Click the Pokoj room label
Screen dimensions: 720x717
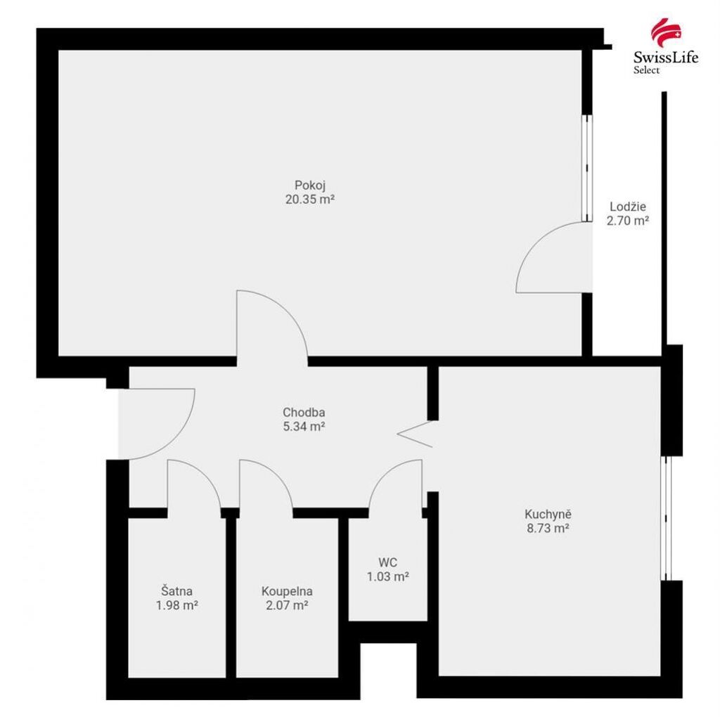click(x=310, y=186)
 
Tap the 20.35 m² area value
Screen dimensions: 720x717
click(x=310, y=200)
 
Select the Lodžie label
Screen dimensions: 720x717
click(x=628, y=207)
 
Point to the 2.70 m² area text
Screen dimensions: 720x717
click(x=628, y=221)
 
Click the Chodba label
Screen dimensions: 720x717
click(x=304, y=412)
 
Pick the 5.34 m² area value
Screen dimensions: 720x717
click(x=304, y=427)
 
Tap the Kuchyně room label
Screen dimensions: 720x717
click(x=548, y=514)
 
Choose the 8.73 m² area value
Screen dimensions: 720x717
click(x=548, y=529)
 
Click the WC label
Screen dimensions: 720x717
click(x=388, y=562)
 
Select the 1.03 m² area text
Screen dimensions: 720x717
click(x=388, y=576)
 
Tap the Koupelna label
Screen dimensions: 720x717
click(x=287, y=591)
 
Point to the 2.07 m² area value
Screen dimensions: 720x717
click(x=287, y=605)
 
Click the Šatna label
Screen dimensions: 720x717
click(x=176, y=590)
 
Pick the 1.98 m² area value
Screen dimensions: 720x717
click(x=176, y=605)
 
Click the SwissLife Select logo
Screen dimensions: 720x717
click(x=666, y=46)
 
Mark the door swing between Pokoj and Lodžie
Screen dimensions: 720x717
click(x=536, y=243)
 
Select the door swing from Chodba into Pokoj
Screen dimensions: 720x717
click(x=287, y=311)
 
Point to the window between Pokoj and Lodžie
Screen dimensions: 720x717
click(x=587, y=168)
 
